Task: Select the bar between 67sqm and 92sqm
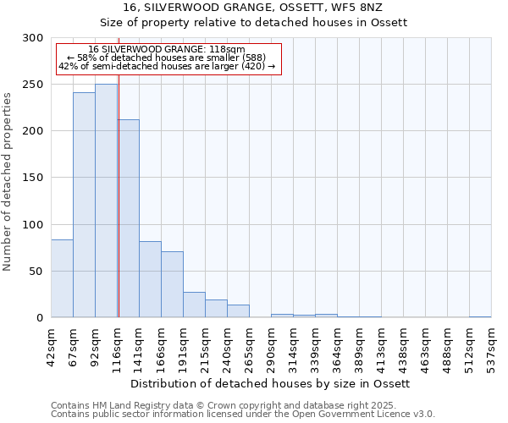[x=84, y=205]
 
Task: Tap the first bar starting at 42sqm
[x=62, y=278]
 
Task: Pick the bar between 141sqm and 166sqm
[x=150, y=279]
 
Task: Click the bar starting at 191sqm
[x=194, y=305]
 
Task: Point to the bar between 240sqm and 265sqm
[x=238, y=311]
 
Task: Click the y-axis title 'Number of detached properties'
[x=8, y=182]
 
